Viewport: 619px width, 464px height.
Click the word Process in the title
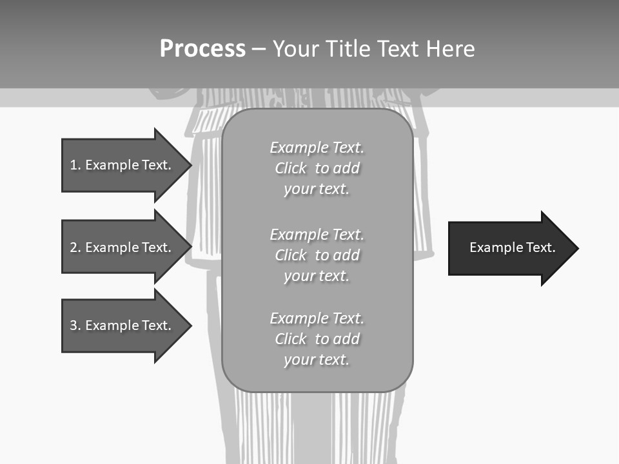click(x=202, y=49)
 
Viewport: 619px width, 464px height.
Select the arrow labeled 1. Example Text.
click(x=120, y=165)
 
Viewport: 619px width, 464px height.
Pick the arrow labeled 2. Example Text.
click(x=120, y=247)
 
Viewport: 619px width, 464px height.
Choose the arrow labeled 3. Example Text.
click(x=120, y=325)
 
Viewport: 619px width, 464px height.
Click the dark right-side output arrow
click(x=512, y=248)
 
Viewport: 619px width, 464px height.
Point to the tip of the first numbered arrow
click(x=190, y=165)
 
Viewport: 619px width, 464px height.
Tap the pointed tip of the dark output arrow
click(x=577, y=248)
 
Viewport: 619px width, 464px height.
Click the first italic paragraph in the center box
click(x=317, y=168)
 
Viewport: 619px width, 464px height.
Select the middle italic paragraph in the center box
click(x=317, y=255)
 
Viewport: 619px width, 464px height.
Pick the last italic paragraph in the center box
click(x=317, y=339)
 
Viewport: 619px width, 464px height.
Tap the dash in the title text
click(x=259, y=49)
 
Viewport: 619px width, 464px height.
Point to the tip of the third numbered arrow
click(x=190, y=325)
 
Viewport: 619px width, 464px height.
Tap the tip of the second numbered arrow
click(x=190, y=247)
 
